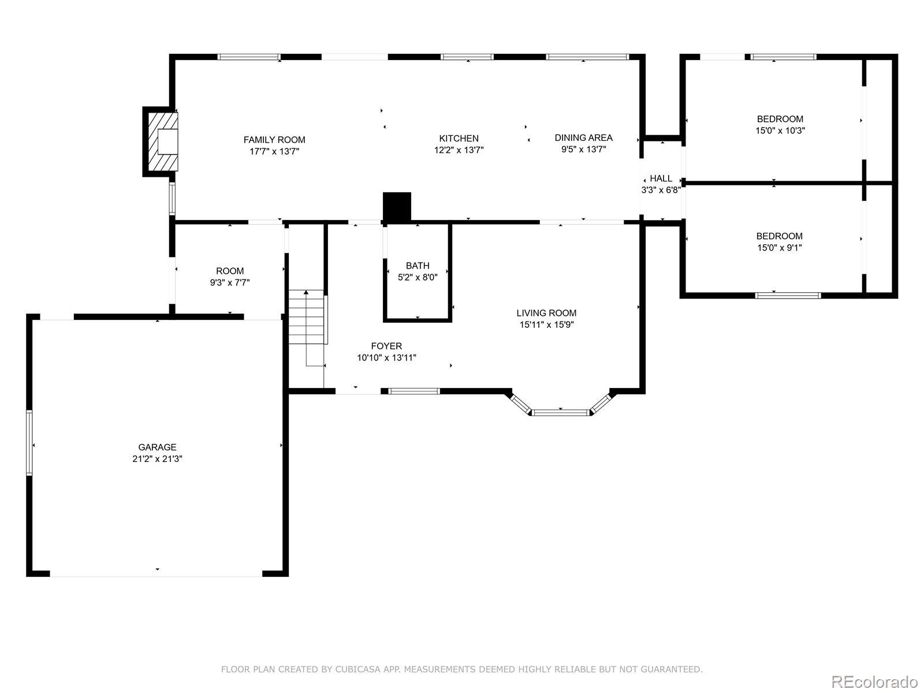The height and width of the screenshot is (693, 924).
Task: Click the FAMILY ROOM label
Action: coord(274,140)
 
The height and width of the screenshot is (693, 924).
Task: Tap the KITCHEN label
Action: coord(459,139)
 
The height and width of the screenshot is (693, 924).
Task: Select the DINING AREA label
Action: coord(583,137)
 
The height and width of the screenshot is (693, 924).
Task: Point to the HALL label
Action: coord(661,178)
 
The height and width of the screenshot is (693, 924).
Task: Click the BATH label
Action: coord(418,266)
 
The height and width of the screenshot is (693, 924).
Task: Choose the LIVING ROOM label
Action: coord(546,313)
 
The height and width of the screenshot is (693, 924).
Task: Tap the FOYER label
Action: coord(386,346)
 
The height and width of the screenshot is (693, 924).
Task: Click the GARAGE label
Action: coord(157,447)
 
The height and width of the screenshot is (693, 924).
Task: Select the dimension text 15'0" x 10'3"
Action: coord(780,131)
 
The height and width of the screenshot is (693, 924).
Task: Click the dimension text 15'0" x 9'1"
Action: coord(779,247)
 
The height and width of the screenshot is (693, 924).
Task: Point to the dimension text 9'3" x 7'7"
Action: coord(230,282)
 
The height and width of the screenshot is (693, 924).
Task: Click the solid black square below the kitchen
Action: coord(397,206)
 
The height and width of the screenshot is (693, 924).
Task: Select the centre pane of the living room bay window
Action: coord(560,412)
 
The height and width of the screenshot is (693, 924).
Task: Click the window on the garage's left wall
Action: coord(29,442)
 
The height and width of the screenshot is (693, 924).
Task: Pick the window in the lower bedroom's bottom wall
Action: coord(788,295)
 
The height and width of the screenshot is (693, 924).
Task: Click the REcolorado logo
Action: coord(875,681)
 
